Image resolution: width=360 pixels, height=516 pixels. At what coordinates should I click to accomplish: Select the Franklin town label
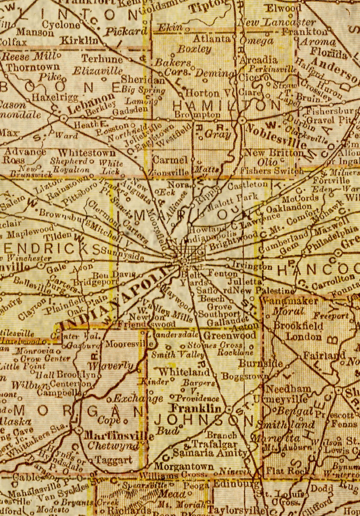tap(196, 408)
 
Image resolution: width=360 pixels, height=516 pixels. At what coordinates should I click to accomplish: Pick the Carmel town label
tap(170, 160)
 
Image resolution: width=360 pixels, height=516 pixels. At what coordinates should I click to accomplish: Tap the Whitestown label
tap(87, 153)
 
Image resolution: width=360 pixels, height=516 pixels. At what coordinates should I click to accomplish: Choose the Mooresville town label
tap(129, 344)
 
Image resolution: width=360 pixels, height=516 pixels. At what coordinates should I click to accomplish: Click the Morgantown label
tap(184, 466)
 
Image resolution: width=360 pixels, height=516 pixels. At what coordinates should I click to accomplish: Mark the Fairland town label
tap(324, 356)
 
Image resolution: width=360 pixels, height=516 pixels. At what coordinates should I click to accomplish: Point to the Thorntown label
tap(33, 67)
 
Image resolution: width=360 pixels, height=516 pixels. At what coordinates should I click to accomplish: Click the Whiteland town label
tap(184, 372)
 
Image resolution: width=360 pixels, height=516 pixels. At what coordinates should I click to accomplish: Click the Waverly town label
tap(111, 366)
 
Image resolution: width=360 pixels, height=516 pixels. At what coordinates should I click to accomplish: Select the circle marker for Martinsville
tap(78, 430)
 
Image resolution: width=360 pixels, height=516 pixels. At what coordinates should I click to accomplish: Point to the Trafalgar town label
tap(214, 444)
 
